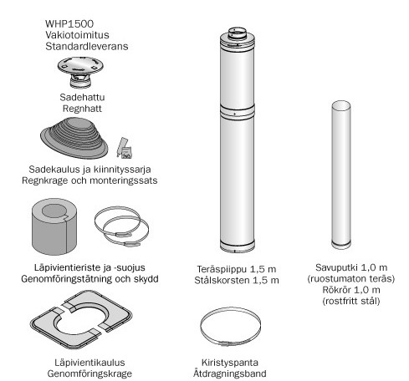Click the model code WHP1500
(69, 23)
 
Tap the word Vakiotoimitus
(77, 35)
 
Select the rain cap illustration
(80, 72)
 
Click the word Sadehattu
(82, 97)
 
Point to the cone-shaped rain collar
(74, 138)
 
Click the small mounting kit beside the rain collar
(125, 148)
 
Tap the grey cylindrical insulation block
(54, 226)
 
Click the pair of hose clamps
(121, 226)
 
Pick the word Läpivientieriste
(67, 267)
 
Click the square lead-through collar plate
(81, 319)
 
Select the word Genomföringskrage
(89, 373)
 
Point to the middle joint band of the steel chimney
(238, 112)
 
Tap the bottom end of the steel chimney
(238, 247)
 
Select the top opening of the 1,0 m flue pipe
(341, 105)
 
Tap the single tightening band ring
(231, 327)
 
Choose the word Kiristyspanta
(230, 363)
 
